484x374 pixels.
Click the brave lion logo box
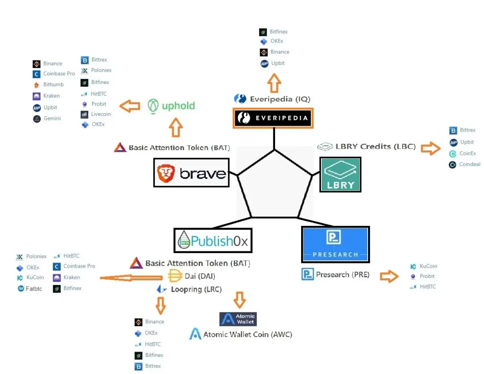coord(191,173)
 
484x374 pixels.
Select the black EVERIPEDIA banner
coord(273,118)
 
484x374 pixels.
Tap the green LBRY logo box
coord(340,175)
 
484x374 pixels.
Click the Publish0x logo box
coord(213,241)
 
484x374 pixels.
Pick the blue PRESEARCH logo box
coord(336,245)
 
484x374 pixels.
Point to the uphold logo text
coord(171,106)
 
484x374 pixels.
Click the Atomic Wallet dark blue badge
coord(238,319)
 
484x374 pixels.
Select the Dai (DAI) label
coord(192,276)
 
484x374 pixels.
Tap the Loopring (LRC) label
coord(189,289)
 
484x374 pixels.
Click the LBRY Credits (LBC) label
coord(367,146)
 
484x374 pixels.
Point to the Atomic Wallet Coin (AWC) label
coord(241,334)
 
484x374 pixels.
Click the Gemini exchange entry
coord(47,119)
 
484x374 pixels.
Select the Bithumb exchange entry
coord(49,84)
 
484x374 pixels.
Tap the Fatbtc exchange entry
coord(30,289)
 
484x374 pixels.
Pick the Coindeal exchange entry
coord(465,164)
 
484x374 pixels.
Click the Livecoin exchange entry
coord(95,114)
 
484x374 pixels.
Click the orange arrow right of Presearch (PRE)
coord(389,276)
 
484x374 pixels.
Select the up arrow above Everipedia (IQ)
coord(274,83)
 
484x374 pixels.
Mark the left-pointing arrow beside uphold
coord(129,106)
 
